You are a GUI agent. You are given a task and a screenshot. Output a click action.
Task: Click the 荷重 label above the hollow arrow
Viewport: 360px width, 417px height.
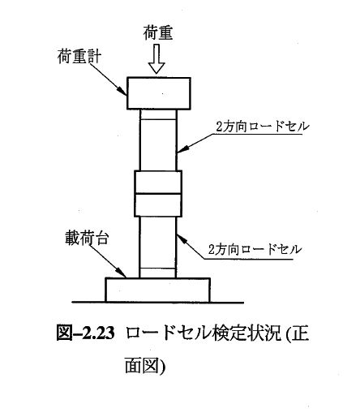click(158, 33)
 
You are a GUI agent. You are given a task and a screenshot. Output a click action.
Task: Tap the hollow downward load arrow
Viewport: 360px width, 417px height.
click(156, 59)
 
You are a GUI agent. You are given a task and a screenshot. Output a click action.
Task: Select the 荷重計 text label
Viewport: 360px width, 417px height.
click(79, 57)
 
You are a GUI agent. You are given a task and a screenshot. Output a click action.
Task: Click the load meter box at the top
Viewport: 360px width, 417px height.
click(159, 93)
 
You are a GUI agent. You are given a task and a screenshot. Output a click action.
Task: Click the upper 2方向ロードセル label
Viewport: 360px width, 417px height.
click(262, 127)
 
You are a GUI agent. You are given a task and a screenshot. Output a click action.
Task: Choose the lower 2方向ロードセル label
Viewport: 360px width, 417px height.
click(255, 249)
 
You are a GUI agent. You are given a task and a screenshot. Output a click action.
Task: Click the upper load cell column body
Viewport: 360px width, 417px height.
click(158, 140)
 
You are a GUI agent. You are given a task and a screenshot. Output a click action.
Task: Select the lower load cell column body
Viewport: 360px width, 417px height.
click(157, 247)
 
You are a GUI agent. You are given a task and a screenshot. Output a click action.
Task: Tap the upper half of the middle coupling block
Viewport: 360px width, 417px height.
click(158, 182)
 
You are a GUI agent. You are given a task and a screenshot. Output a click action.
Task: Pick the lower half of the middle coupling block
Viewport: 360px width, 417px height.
click(158, 205)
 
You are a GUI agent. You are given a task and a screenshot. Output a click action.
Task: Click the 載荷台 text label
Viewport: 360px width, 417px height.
click(87, 239)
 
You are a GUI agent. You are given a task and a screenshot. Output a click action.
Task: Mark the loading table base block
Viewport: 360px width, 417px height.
click(158, 290)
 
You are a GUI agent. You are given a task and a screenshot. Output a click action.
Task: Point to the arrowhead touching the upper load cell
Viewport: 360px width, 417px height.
click(182, 149)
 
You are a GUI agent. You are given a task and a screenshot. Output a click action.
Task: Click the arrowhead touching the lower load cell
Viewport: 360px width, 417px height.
click(182, 239)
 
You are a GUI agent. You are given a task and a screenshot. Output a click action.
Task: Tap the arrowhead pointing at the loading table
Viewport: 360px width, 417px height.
click(122, 272)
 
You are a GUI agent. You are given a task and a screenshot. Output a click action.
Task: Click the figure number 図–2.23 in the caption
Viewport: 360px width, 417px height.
click(85, 333)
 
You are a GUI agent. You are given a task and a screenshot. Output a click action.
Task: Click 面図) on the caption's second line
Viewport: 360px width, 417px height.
click(145, 366)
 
